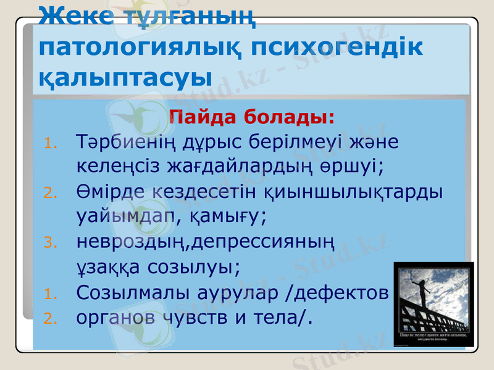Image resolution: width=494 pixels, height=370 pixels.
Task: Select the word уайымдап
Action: (x=116, y=216)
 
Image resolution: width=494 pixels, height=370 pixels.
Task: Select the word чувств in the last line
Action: (x=198, y=316)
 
